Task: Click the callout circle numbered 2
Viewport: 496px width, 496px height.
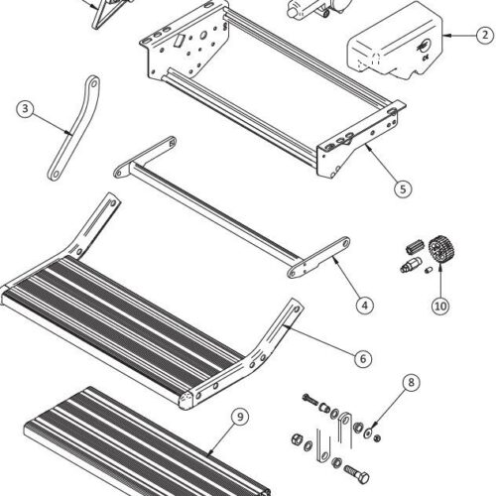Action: (x=485, y=35)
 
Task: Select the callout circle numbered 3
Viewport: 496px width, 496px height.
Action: (x=26, y=109)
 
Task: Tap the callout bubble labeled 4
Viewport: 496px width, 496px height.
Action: (x=365, y=305)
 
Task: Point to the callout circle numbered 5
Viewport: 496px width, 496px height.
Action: (x=403, y=188)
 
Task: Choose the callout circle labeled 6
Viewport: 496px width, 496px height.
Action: (x=363, y=359)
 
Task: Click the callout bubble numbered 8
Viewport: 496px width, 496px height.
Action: (x=411, y=383)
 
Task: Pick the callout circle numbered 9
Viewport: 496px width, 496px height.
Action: (x=240, y=417)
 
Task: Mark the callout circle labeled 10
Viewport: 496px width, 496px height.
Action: (x=440, y=306)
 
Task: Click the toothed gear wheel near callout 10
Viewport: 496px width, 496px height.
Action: (x=441, y=249)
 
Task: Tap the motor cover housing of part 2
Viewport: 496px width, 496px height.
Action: (x=395, y=42)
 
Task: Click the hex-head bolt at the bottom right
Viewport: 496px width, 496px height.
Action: (x=357, y=474)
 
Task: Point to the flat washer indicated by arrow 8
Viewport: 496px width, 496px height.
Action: (x=368, y=433)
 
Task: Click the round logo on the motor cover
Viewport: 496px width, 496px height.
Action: (x=425, y=46)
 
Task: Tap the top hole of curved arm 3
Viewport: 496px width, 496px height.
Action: (x=93, y=82)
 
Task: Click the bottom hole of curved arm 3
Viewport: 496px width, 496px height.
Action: (x=56, y=174)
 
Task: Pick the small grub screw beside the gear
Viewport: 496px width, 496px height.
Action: (x=429, y=271)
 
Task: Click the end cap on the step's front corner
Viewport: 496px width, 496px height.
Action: (x=186, y=401)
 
